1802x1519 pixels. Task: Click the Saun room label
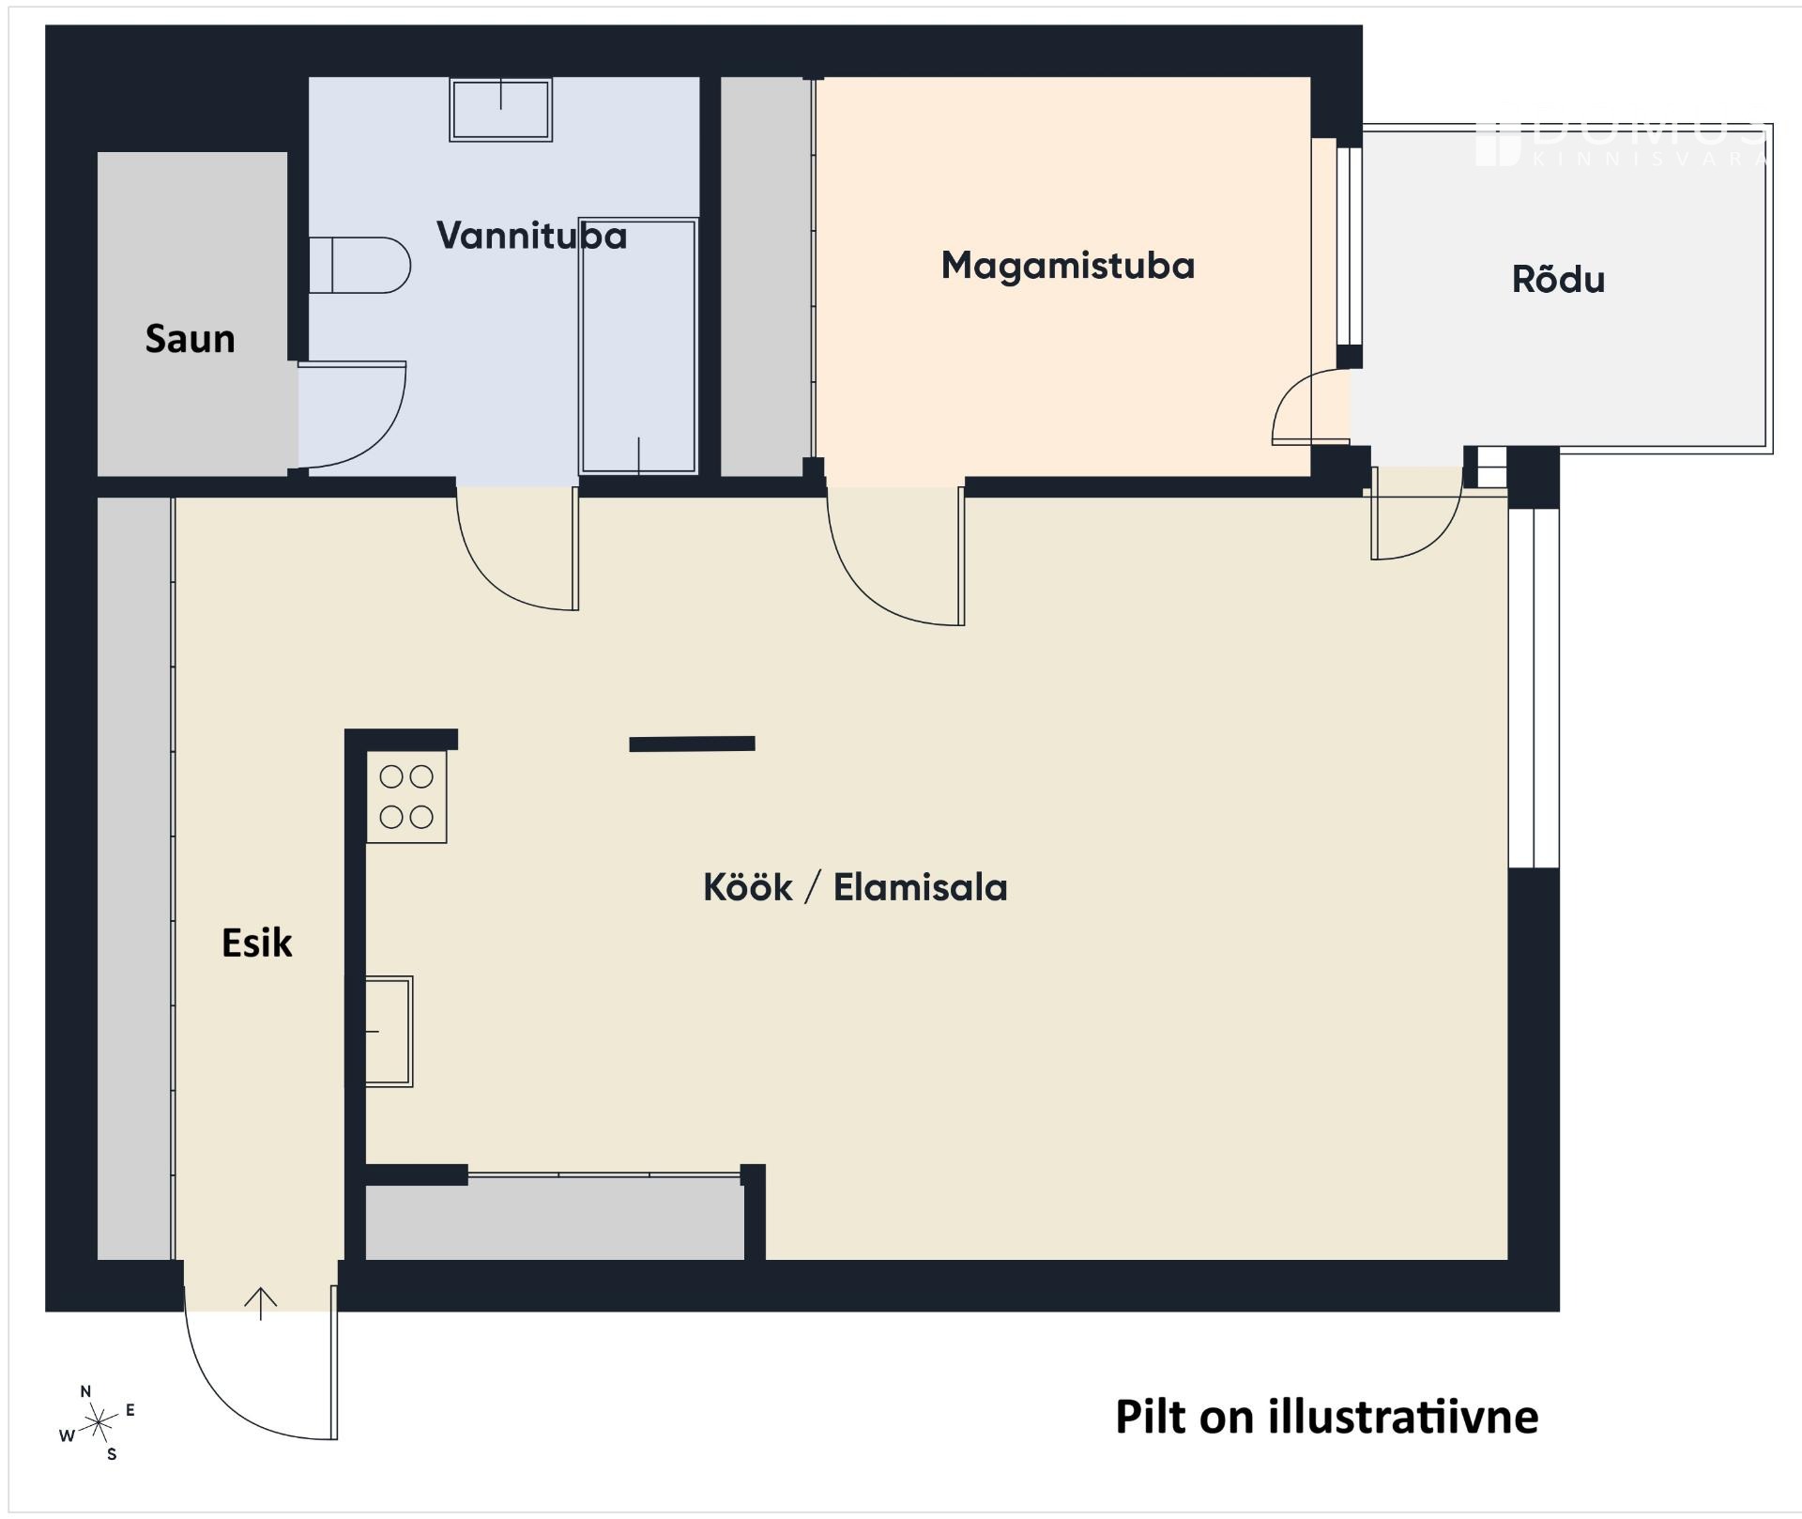pos(190,339)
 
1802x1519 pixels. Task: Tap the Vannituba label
pos(531,236)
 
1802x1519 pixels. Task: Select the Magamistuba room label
pos(1067,266)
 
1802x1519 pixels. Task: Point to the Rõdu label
pos(1558,280)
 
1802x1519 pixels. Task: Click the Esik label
pos(256,943)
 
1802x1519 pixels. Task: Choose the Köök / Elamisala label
pos(855,887)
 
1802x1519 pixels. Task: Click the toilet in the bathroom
pos(359,266)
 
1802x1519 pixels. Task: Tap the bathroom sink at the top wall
pos(500,110)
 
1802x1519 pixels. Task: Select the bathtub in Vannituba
pos(638,345)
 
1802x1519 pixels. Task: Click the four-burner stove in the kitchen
pos(405,797)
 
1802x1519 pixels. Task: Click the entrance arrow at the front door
pos(261,1303)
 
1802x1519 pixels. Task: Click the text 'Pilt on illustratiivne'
pos(1326,1417)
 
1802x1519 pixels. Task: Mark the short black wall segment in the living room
pos(692,744)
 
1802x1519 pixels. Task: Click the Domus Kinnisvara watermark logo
pos(1622,145)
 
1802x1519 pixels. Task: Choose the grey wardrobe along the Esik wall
pos(135,878)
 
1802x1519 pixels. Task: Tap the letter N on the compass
pos(86,1391)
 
